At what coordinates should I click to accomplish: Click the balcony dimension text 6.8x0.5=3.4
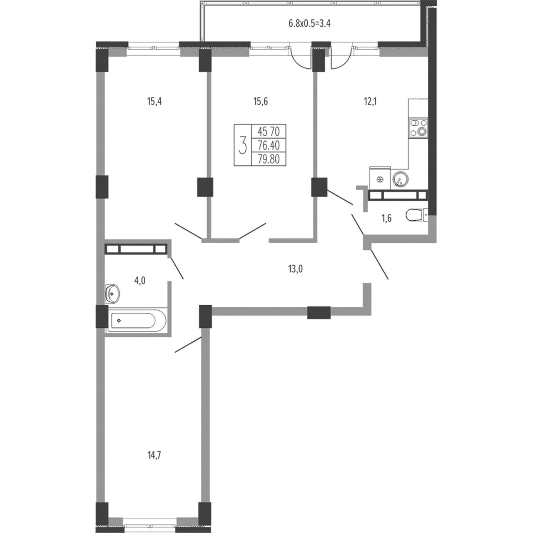click(x=309, y=23)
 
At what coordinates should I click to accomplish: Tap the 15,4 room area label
click(x=154, y=102)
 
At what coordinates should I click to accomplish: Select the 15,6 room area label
click(x=260, y=102)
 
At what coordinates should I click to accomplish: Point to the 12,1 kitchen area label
click(x=370, y=102)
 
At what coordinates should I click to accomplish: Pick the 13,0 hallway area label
click(x=295, y=269)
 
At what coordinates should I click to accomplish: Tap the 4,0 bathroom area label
click(x=139, y=281)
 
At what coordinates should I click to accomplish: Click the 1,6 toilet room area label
click(x=387, y=219)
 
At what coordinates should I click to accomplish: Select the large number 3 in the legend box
click(x=243, y=145)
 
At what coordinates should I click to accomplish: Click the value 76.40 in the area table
click(x=269, y=145)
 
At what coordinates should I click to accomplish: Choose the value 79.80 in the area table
click(x=269, y=159)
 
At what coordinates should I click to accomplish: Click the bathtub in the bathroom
click(x=137, y=321)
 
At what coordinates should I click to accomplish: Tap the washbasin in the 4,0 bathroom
click(x=112, y=294)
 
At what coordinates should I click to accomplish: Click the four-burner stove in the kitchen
click(x=418, y=128)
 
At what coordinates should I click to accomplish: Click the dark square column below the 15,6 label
click(x=205, y=187)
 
